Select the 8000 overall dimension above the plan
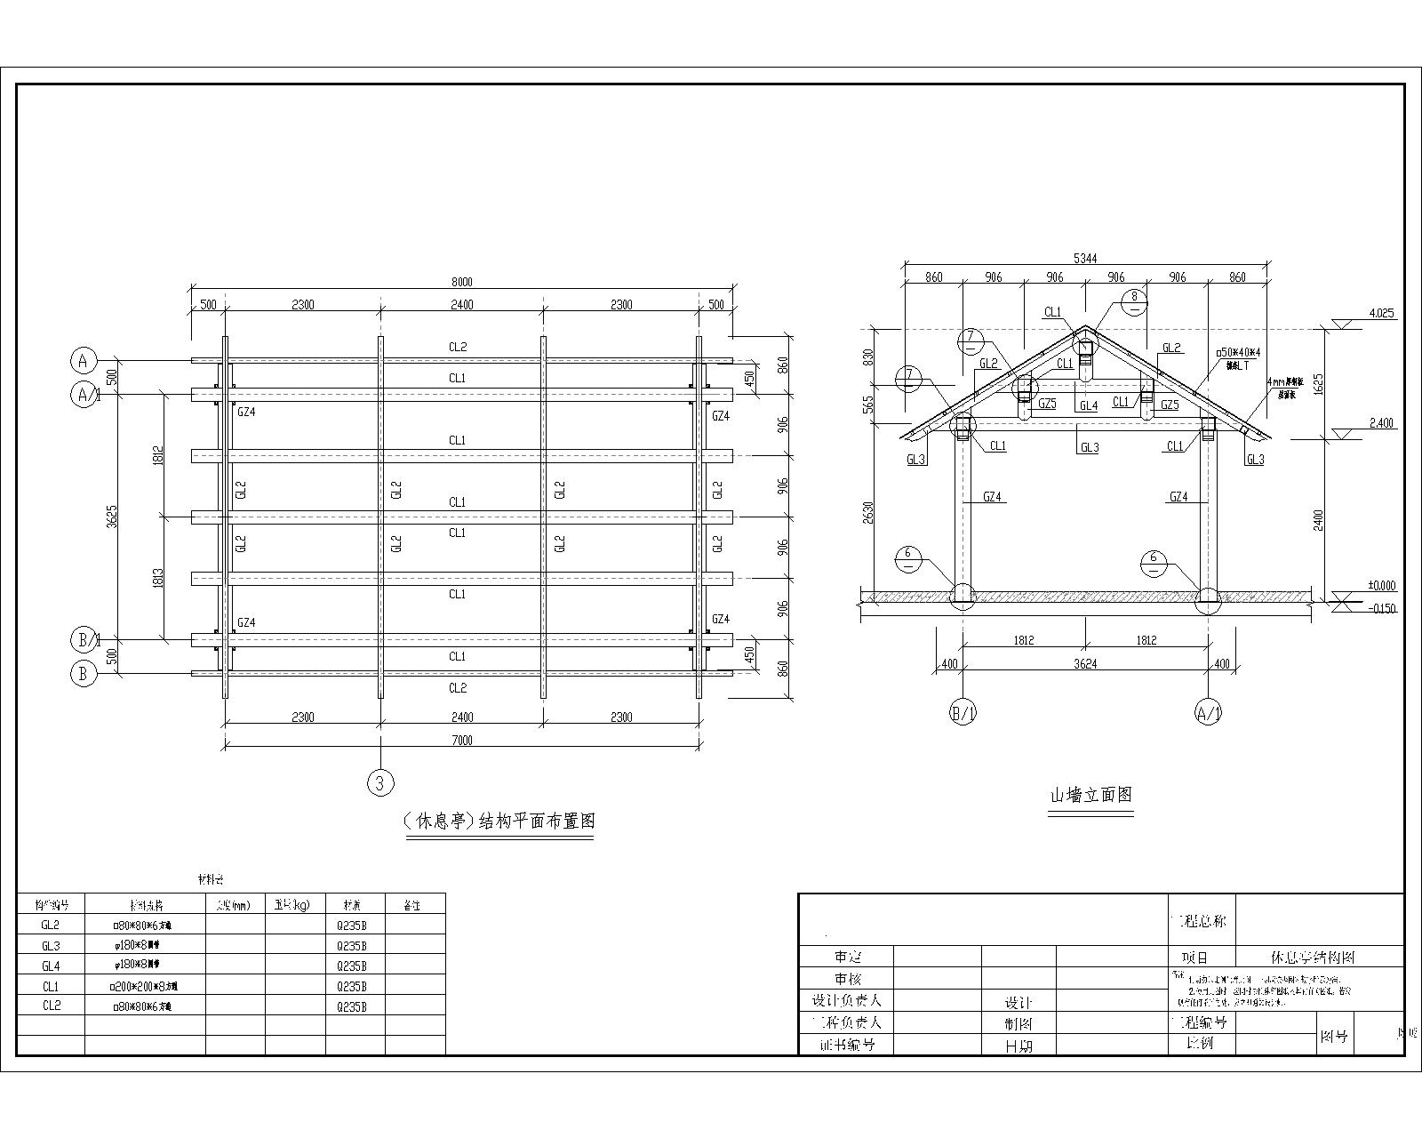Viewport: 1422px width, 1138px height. pos(461,282)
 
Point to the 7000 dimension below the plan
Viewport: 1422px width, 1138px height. pos(461,740)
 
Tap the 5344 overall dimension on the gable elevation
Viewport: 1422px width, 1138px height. pos(1085,258)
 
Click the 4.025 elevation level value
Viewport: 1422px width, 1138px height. pos(1382,314)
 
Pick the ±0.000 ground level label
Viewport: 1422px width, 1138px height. pos(1382,586)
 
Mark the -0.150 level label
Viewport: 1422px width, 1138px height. pos(1382,609)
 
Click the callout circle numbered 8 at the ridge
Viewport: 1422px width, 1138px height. pos(1134,302)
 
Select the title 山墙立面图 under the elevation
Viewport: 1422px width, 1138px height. pos(1091,795)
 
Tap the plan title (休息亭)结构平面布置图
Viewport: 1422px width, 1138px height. pos(499,821)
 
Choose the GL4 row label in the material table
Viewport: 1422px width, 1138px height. pos(51,966)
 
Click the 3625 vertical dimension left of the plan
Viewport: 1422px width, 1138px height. pos(112,517)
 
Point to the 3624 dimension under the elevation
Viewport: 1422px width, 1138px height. pos(1085,663)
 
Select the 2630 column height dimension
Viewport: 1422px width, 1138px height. pos(868,512)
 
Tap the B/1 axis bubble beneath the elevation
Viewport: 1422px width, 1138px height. pos(963,713)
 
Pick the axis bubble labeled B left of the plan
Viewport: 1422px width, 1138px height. pos(83,674)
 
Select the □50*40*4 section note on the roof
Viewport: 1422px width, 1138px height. pos(1238,353)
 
